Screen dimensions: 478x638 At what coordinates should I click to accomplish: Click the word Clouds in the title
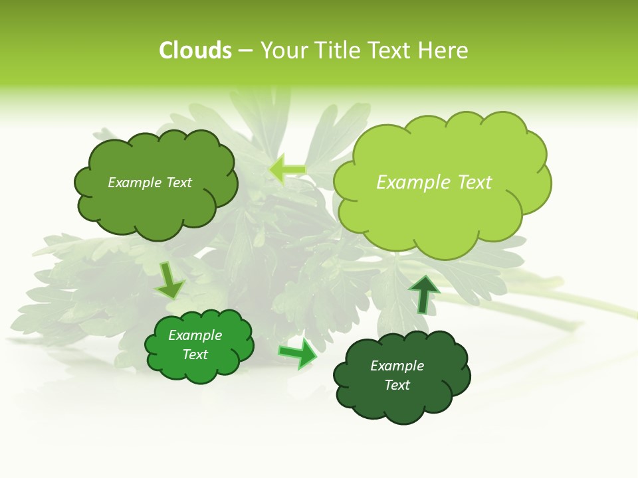click(195, 50)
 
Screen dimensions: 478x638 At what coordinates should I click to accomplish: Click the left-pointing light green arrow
click(287, 170)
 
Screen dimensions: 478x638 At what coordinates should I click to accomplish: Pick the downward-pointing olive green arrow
click(169, 280)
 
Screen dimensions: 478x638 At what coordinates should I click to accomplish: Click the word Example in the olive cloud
click(135, 183)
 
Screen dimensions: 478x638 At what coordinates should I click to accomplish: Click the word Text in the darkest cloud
click(397, 385)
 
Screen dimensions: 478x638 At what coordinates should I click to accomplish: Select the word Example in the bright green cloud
click(195, 335)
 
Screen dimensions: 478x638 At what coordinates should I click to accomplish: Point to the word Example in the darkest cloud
click(397, 366)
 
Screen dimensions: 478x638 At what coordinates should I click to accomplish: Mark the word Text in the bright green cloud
click(195, 355)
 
